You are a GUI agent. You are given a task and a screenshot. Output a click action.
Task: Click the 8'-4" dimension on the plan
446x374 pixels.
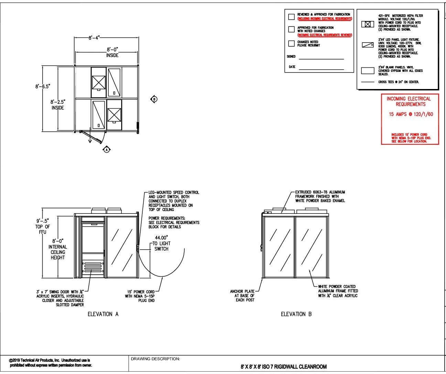(94, 38)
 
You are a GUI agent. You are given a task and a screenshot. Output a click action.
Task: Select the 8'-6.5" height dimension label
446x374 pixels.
(43, 86)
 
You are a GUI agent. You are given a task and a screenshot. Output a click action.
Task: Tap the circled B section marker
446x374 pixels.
(154, 99)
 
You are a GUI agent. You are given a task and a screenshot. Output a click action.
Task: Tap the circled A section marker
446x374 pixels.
(107, 150)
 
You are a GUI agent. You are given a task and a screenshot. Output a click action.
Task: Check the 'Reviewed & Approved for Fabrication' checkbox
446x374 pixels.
(291, 16)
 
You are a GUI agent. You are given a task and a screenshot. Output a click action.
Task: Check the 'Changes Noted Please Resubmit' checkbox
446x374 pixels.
(291, 43)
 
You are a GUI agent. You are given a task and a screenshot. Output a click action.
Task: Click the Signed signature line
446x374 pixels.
(321, 59)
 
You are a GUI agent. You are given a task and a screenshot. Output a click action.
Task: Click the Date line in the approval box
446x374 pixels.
(321, 69)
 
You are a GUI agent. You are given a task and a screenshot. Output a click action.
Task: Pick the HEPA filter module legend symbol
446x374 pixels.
(368, 24)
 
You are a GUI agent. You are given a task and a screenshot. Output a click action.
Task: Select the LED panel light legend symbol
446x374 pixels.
(368, 45)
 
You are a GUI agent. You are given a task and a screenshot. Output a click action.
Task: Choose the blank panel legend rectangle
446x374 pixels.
(368, 71)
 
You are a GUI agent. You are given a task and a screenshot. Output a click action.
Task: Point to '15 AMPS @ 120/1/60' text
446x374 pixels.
(411, 114)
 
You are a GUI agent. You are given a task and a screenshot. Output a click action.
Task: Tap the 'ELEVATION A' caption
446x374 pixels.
(103, 314)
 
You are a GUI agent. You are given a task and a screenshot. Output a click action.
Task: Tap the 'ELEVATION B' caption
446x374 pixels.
(296, 314)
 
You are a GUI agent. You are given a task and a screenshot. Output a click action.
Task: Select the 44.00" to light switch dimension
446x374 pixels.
(161, 243)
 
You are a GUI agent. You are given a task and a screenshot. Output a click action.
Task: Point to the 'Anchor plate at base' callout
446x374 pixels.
(242, 296)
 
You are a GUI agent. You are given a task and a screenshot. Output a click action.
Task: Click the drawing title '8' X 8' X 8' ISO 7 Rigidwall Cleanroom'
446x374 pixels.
(284, 367)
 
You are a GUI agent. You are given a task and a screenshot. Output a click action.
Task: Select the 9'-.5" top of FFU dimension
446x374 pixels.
(43, 226)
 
